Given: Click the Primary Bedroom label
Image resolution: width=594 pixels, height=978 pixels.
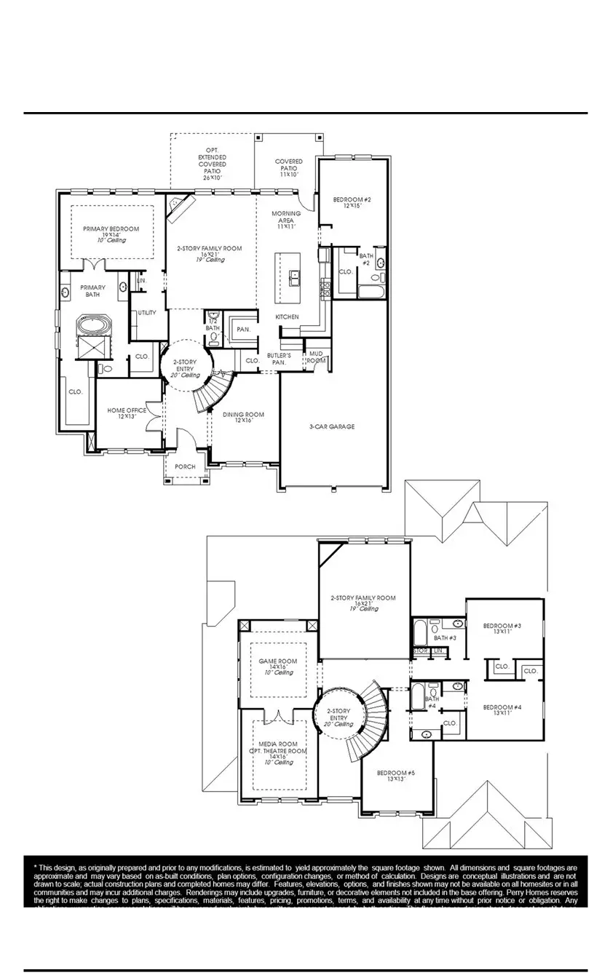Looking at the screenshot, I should click(110, 229).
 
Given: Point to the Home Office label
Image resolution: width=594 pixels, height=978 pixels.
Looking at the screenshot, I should click(127, 410).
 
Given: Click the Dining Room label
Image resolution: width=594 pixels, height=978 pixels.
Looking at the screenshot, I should click(243, 415).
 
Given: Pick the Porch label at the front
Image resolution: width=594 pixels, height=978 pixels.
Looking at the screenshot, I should click(185, 467).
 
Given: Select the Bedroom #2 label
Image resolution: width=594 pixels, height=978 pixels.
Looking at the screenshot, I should click(352, 200).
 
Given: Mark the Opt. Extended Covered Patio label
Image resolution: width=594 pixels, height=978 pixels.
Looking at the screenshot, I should click(212, 156).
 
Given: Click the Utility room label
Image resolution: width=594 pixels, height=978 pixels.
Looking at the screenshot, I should click(147, 312).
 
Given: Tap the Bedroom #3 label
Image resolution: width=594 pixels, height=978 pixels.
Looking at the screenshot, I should click(502, 626).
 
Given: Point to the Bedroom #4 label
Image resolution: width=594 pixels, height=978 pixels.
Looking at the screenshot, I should click(502, 707).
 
